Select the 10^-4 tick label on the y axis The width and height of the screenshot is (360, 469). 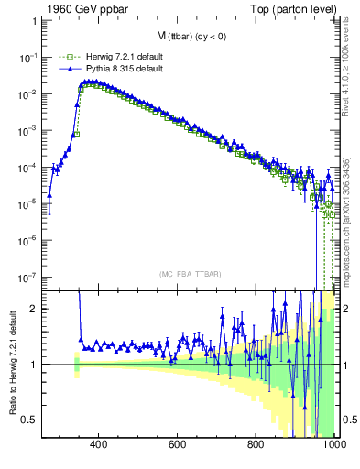(29, 167)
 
